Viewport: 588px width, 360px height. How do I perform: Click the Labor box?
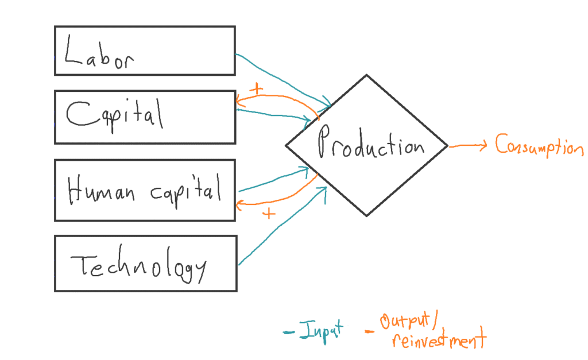[145, 51]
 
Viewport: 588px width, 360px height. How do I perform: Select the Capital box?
[145, 117]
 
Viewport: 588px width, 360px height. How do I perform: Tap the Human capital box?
[145, 190]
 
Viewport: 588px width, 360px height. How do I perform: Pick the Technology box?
[145, 263]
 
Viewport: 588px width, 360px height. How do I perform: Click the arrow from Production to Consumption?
[468, 146]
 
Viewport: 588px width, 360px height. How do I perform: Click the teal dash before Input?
[289, 332]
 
